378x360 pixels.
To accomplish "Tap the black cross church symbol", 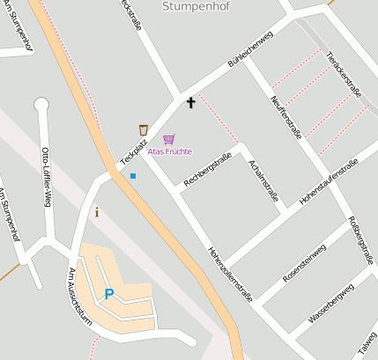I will pyautogui.click(x=190, y=103).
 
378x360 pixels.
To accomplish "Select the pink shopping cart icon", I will pyautogui.click(x=168, y=139).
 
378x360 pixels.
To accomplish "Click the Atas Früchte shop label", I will pyautogui.click(x=169, y=151).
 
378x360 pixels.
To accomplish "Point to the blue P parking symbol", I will pyautogui.click(x=109, y=294).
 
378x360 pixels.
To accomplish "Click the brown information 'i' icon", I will pyautogui.click(x=97, y=211).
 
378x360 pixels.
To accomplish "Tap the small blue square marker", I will pyautogui.click(x=133, y=176).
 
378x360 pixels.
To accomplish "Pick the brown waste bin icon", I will pyautogui.click(x=143, y=130).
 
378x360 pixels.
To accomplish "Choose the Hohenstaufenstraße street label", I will pyautogui.click(x=328, y=182).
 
